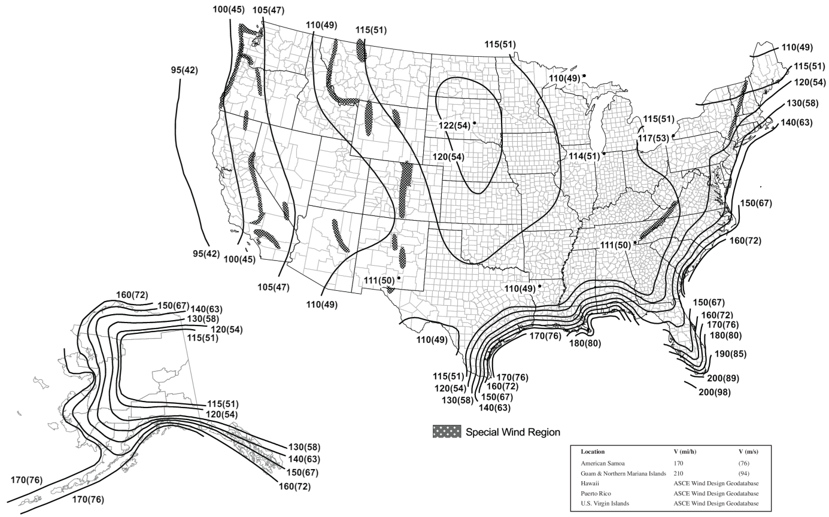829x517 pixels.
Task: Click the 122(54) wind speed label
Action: (454, 126)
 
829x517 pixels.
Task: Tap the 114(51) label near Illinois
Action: (584, 156)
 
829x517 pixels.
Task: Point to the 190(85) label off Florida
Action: (730, 354)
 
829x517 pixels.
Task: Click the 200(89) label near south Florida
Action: (723, 378)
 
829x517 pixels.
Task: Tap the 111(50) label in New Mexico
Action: (378, 280)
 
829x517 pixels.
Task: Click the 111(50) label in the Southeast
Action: (615, 245)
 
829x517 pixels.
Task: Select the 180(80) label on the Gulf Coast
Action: (585, 343)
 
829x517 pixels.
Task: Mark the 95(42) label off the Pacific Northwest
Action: (184, 70)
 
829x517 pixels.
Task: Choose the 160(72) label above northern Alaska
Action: (132, 294)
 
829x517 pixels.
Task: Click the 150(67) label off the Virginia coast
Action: (756, 203)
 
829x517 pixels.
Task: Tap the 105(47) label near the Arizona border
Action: (274, 287)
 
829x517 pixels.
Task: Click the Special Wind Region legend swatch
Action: (447, 431)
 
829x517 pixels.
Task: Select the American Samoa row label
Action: (603, 463)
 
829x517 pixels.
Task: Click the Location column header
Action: (593, 452)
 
